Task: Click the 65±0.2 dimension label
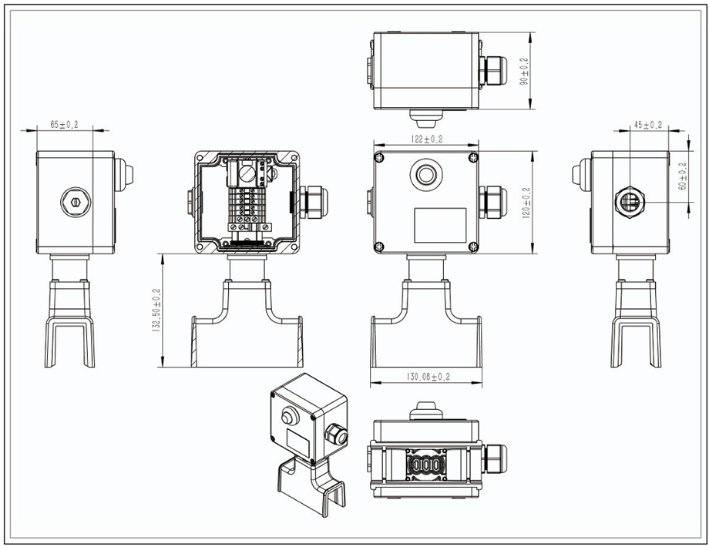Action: (x=64, y=124)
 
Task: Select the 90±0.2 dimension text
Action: (x=525, y=72)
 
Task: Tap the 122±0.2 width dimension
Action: (x=426, y=139)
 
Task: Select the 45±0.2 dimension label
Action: (x=648, y=125)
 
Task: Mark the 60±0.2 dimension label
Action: (x=683, y=176)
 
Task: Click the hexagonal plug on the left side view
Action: (x=76, y=202)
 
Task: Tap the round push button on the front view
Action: (x=426, y=174)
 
